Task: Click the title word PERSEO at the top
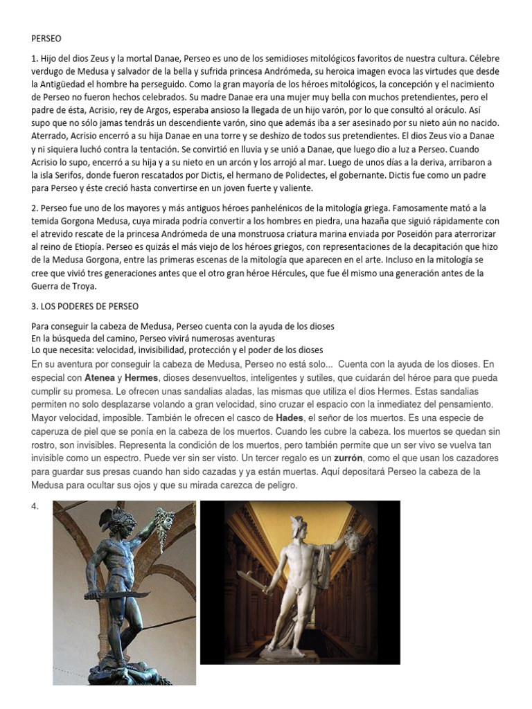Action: pos(47,39)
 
